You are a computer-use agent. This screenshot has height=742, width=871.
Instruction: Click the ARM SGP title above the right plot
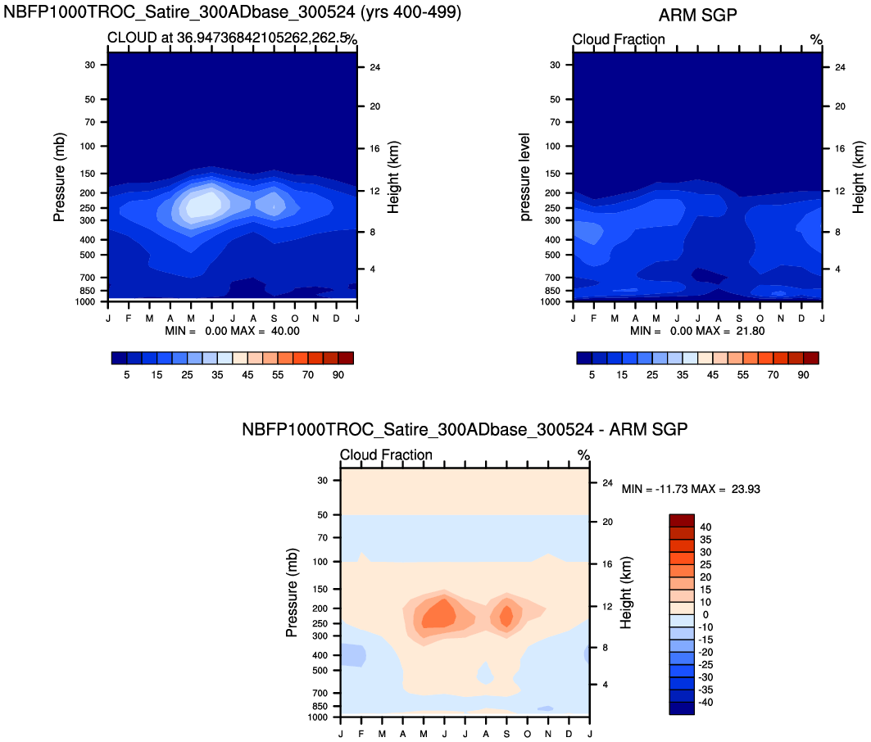pos(698,16)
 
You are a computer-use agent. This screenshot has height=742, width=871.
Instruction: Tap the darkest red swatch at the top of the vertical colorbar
pos(682,521)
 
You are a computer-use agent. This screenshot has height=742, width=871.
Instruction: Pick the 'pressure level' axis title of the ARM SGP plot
pos(525,177)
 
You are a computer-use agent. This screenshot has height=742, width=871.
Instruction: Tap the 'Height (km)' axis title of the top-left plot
pos(393,177)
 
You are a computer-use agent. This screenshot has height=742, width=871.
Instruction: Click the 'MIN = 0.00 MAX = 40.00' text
pos(232,331)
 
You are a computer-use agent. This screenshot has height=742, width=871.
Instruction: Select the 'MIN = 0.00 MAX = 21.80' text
pos(697,331)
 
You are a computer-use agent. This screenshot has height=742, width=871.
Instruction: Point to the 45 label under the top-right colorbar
pos(713,374)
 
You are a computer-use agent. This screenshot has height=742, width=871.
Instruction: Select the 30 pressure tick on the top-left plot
pos(91,65)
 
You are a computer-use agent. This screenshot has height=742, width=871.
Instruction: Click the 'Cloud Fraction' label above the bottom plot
pos(386,455)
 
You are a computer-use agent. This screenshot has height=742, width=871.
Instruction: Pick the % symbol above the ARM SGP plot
pos(815,39)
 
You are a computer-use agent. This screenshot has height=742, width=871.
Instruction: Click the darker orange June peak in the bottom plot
pos(441,613)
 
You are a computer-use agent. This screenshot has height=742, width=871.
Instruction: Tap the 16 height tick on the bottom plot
pos(608,564)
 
